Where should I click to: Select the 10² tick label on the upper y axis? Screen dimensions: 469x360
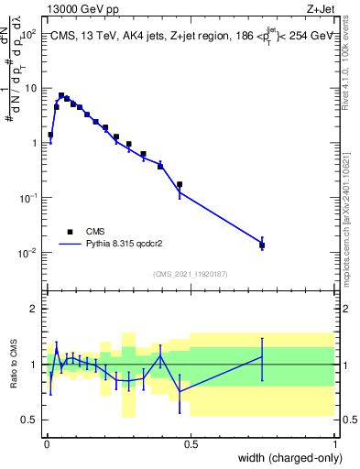click(x=29, y=34)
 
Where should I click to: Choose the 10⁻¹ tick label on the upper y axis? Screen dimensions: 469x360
click(x=29, y=198)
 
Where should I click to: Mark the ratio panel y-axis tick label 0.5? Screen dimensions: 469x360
click(x=30, y=420)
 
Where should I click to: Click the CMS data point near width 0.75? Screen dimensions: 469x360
click(x=262, y=245)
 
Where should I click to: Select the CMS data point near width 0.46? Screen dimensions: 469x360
click(x=180, y=184)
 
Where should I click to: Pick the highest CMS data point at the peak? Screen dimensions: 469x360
click(x=61, y=95)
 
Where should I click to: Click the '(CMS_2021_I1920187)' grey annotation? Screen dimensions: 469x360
click(x=191, y=274)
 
